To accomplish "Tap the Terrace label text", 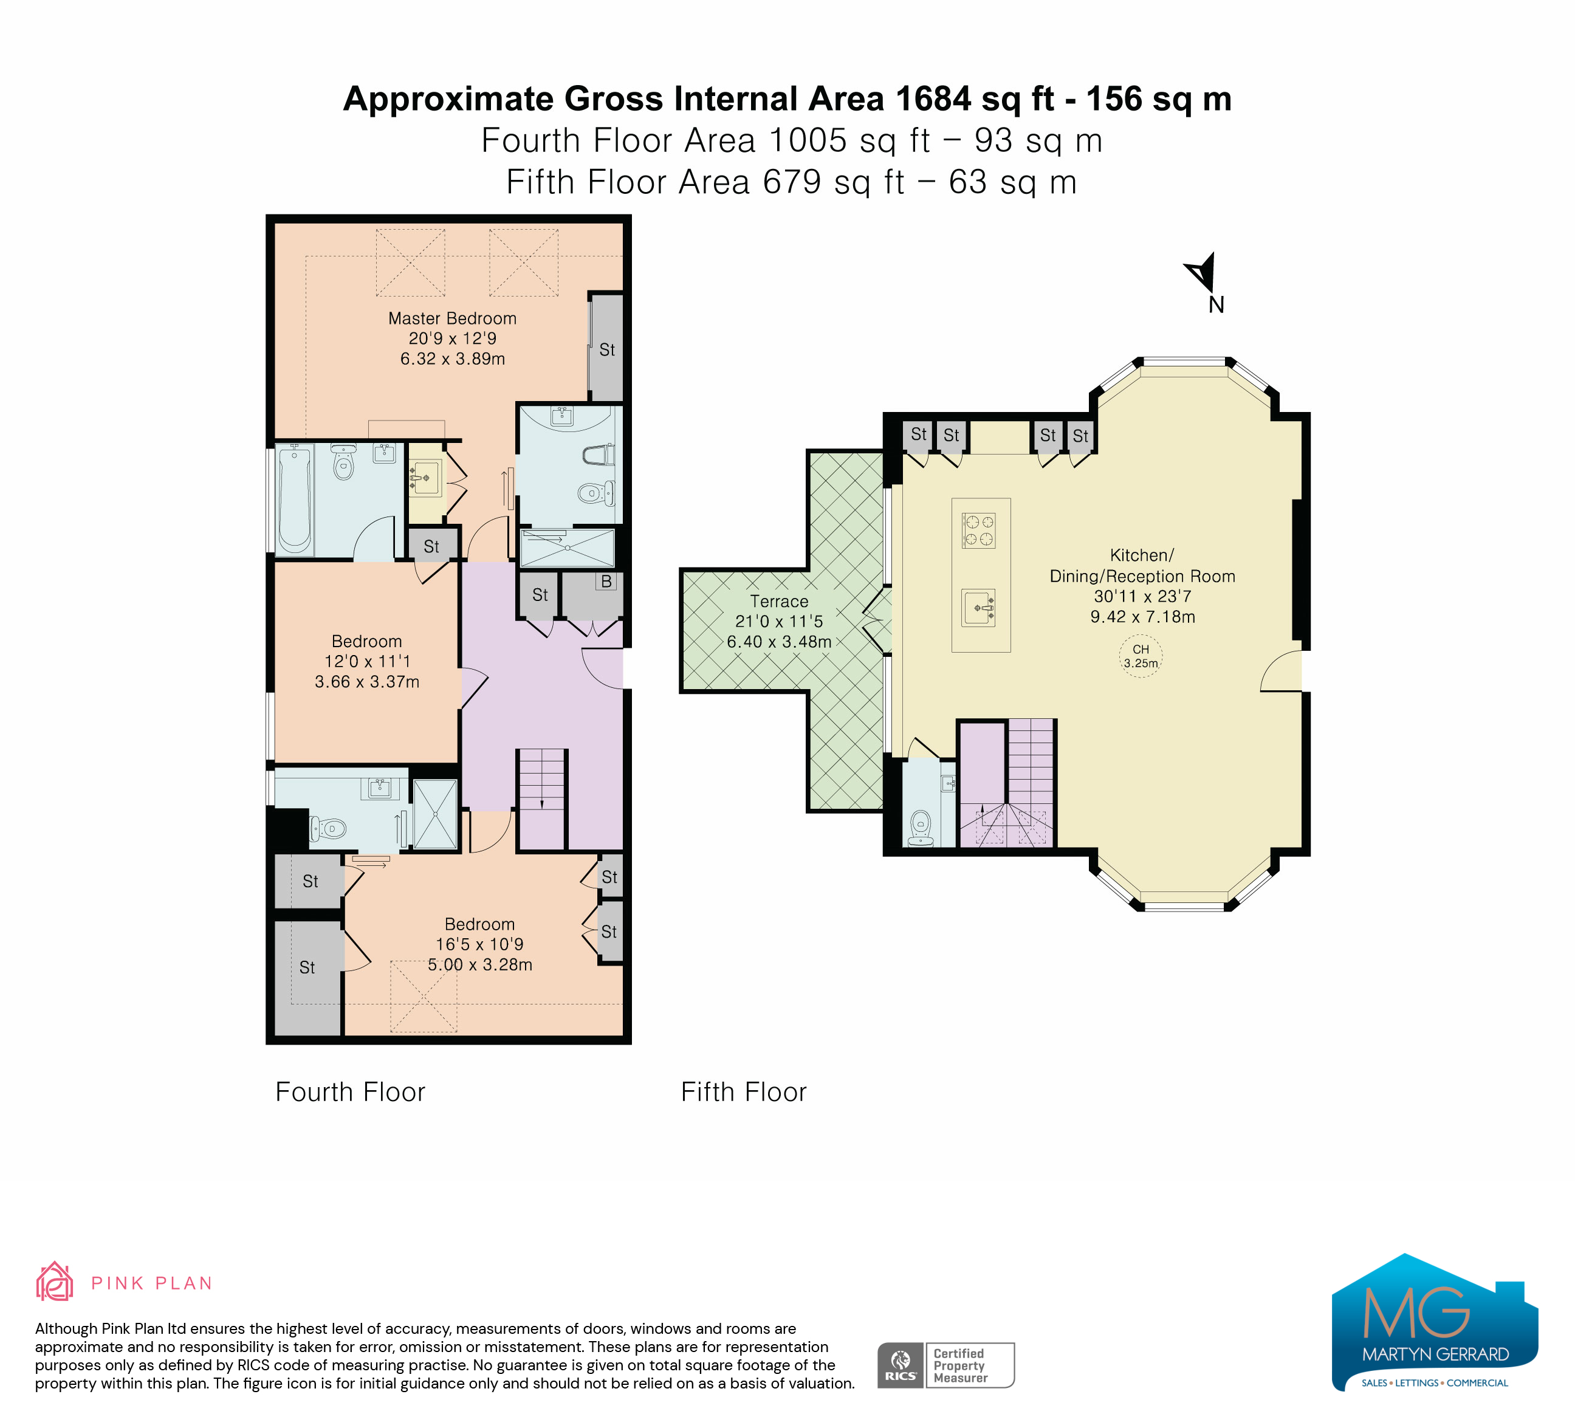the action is coord(779,602).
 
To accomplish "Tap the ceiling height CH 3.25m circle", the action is coord(1141,656).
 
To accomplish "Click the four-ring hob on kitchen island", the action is coord(978,530).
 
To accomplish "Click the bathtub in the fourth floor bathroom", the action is coord(295,499).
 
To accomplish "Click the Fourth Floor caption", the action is coord(350,1092).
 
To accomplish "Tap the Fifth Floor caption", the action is coord(744,1092).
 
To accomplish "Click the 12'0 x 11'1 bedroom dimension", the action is coord(367,662).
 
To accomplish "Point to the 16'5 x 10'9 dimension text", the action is coord(479,944).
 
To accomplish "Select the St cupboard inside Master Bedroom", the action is coord(607,348).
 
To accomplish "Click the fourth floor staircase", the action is coord(541,798).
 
